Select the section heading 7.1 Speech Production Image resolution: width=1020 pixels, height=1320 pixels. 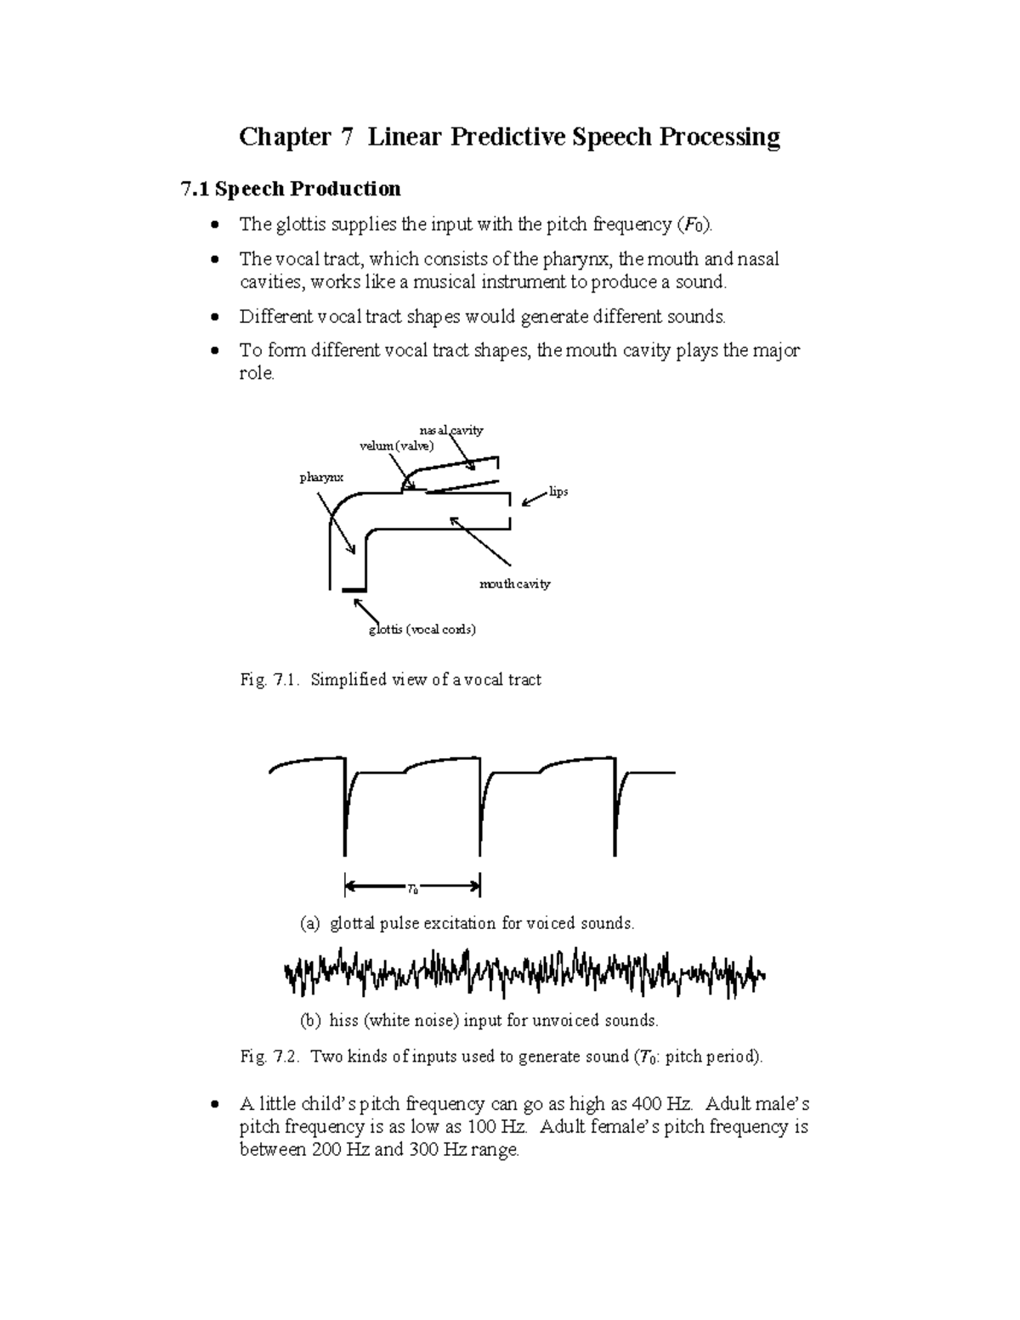291,188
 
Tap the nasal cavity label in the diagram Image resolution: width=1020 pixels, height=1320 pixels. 451,430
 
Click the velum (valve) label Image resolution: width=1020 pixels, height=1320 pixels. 396,446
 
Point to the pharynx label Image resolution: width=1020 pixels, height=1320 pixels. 321,478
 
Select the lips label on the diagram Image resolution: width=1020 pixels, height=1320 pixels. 558,492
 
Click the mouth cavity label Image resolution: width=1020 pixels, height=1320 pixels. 514,584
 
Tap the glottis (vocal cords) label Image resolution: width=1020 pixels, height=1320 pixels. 422,630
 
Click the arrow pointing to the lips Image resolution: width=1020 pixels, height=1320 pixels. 533,499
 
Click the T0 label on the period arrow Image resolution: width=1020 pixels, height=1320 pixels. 412,890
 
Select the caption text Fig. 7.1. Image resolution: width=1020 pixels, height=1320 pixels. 266,680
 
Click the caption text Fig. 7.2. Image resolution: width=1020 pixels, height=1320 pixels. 266,1057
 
